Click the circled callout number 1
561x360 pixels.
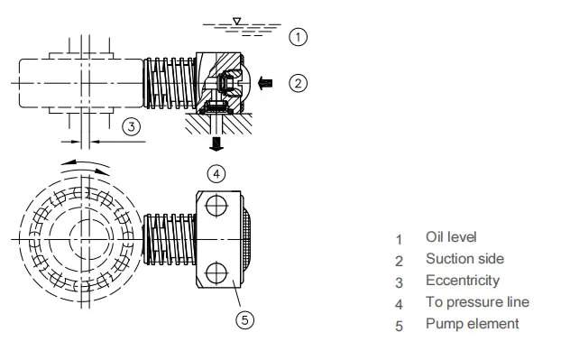299,36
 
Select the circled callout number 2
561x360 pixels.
299,83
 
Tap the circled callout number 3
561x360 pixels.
132,126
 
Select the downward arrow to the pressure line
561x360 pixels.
216,144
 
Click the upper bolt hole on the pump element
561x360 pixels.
215,207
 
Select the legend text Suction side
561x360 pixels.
464,259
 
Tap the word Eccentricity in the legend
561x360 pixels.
462,281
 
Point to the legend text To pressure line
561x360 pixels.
476,302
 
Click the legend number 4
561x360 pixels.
399,304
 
